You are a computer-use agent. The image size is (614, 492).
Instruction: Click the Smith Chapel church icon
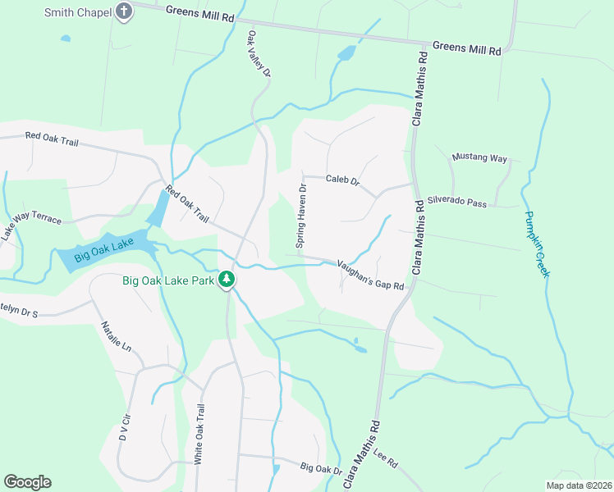click(124, 12)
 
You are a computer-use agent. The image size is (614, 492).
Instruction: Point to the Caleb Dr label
click(342, 179)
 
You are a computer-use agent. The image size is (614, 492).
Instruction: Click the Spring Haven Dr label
click(301, 216)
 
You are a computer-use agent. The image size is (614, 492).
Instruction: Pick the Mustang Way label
click(480, 157)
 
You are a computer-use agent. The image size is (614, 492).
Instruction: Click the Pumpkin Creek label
click(535, 244)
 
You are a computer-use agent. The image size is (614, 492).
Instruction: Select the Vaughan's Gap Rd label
click(371, 275)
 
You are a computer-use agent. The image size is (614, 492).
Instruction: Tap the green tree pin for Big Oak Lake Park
click(227, 280)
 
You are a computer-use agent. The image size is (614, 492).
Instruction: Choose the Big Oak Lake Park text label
click(168, 280)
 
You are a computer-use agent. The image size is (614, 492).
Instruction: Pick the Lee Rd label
click(385, 458)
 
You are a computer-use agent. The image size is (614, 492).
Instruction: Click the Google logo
click(27, 482)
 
